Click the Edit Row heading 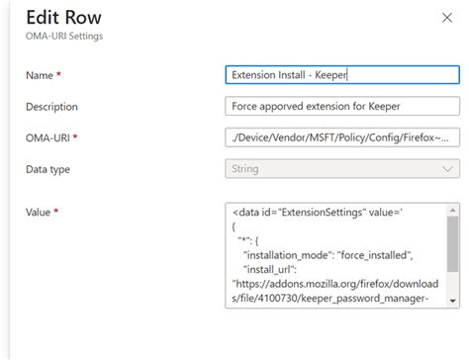[63, 18]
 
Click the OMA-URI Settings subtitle [64, 37]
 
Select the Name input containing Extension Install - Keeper [341, 75]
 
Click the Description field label [51, 107]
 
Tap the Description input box [341, 107]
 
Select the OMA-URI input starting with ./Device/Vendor [341, 138]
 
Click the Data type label [47, 170]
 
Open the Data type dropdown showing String [341, 170]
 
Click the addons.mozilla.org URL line [336, 283]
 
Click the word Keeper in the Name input [328, 75]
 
